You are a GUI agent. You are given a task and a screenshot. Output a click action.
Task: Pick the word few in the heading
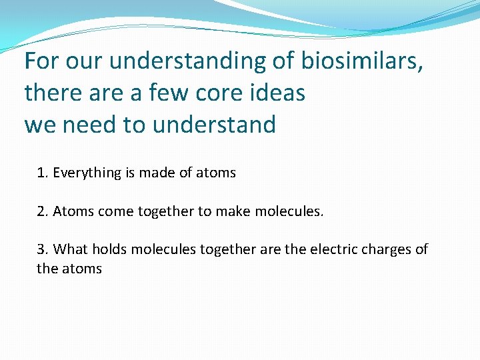167,93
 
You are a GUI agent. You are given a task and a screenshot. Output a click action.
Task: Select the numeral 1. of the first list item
43,173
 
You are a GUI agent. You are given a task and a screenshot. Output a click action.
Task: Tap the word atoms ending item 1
217,173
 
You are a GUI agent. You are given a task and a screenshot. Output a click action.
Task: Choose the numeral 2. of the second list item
43,211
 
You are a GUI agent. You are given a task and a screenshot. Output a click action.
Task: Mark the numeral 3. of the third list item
43,249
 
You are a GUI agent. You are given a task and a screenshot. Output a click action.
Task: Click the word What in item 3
71,249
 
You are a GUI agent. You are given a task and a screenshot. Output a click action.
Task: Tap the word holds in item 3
109,249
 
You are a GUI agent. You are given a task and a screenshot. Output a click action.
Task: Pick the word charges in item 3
389,249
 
